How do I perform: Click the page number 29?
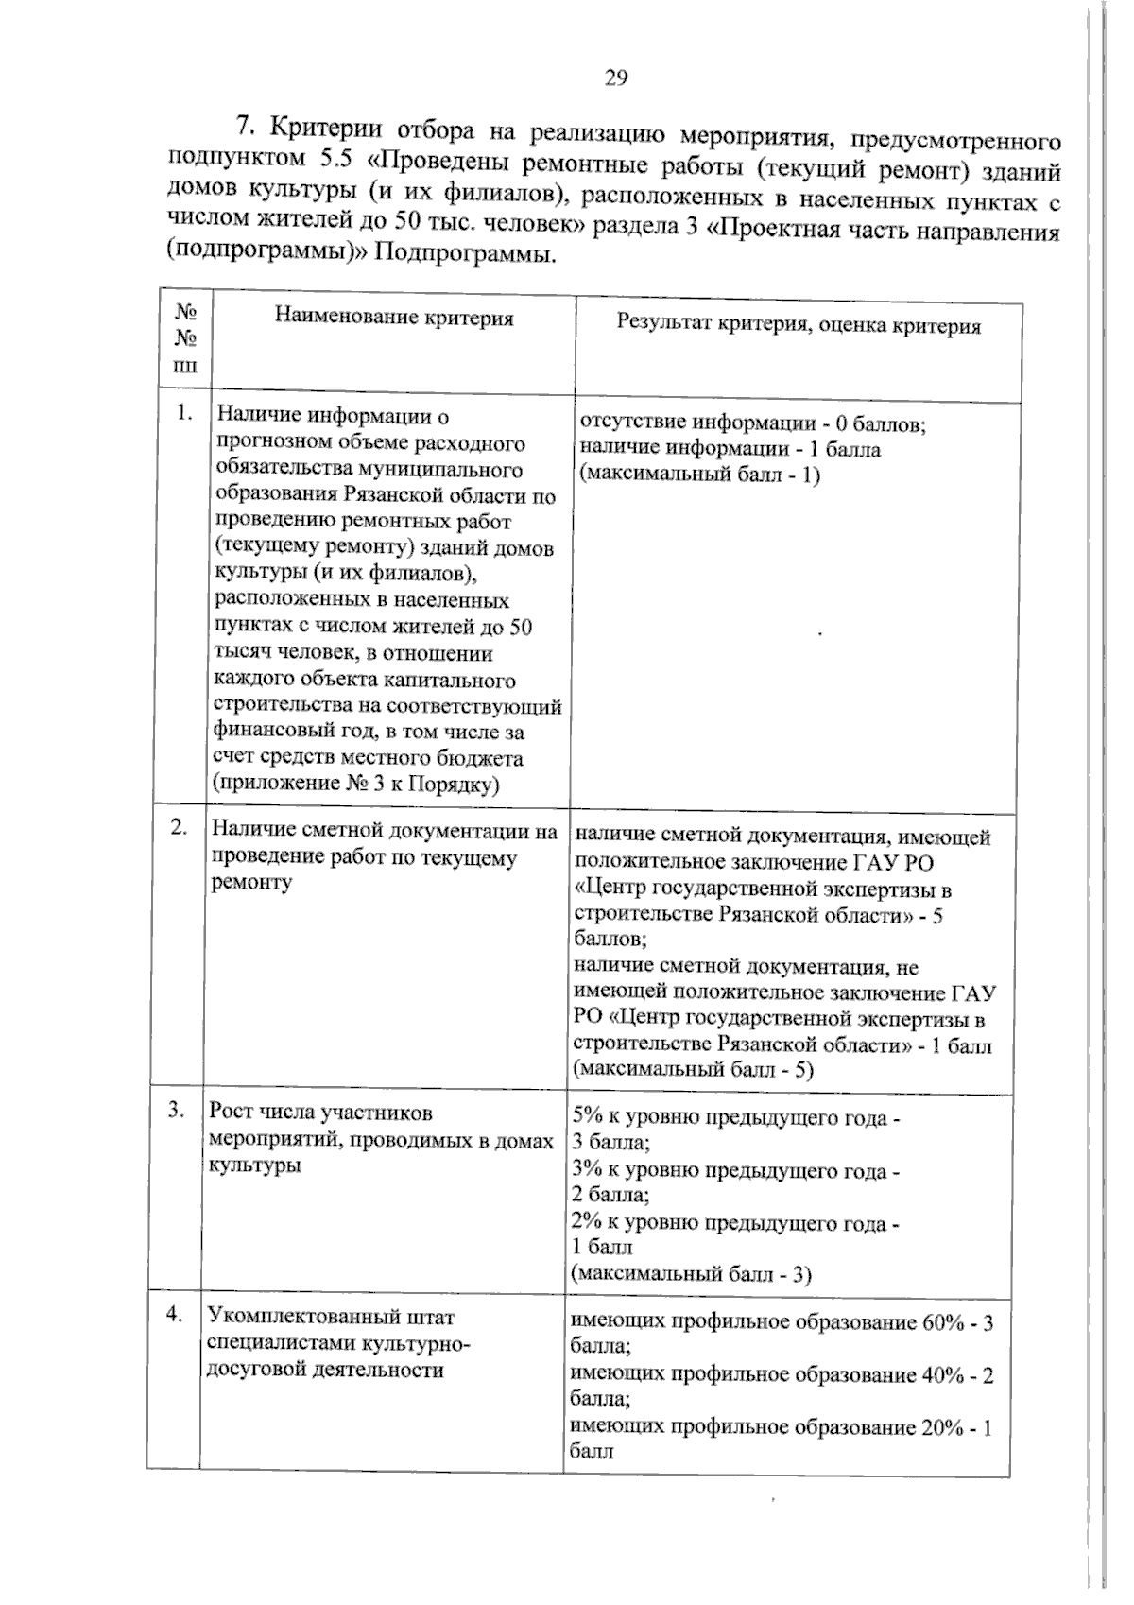tap(615, 78)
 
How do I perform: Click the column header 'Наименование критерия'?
tap(394, 318)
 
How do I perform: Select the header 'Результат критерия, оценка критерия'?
tap(799, 326)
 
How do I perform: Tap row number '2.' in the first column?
tap(179, 826)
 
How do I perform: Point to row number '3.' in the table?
tap(177, 1111)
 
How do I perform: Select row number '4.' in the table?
tap(174, 1314)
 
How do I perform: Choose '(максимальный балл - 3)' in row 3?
tap(692, 1273)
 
